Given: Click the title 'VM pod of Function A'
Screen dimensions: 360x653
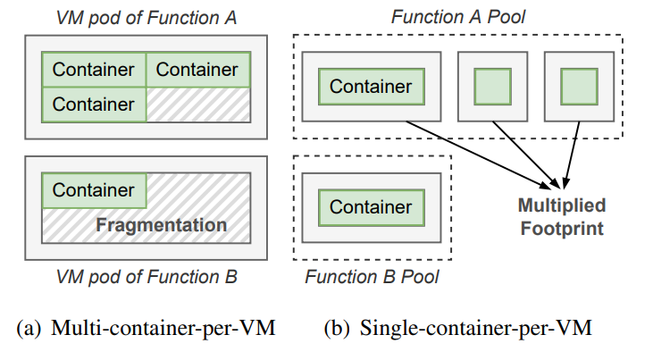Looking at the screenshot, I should click(x=147, y=16).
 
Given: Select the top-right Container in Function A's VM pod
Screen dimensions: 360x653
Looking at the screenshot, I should click(x=198, y=69).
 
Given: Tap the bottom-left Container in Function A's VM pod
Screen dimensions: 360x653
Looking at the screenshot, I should click(x=94, y=104).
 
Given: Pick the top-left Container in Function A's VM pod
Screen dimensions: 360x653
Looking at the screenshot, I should click(x=94, y=69).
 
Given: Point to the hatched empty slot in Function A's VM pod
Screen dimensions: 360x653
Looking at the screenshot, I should click(x=198, y=104).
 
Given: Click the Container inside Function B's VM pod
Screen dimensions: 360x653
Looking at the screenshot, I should click(x=94, y=189).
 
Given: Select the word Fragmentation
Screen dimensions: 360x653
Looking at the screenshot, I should click(x=161, y=224).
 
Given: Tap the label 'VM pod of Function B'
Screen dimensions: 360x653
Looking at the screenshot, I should click(x=147, y=277).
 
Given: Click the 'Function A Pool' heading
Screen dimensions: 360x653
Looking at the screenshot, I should click(x=458, y=16).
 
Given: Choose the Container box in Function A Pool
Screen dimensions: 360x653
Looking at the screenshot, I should click(x=372, y=87).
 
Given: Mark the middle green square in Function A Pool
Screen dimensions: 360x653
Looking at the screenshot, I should click(x=492, y=87).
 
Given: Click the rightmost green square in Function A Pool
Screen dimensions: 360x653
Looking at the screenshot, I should click(x=579, y=87).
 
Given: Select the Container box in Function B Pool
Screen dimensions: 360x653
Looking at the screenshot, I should click(x=372, y=207).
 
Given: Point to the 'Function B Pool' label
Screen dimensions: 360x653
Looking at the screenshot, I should click(x=372, y=277).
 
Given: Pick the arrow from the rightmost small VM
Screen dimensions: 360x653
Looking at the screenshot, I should click(x=573, y=147).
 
